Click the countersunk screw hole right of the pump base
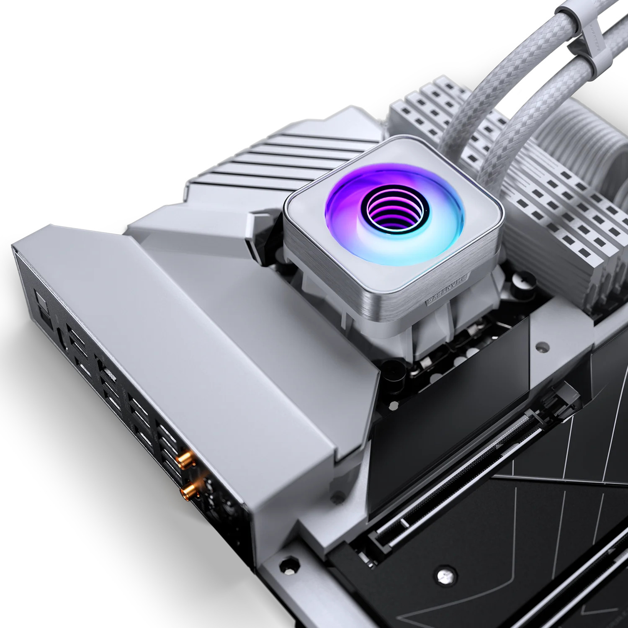543,347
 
